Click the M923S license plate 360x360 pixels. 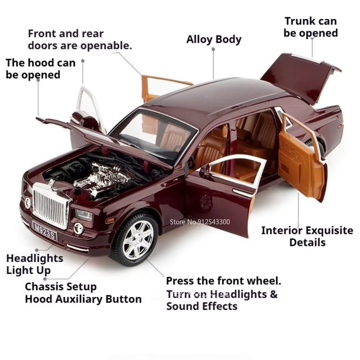pyautogui.click(x=44, y=231)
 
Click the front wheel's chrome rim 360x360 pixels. pyautogui.click(x=138, y=239)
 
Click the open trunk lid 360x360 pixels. pyautogui.click(x=301, y=78)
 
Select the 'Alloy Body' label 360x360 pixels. pyautogui.click(x=214, y=40)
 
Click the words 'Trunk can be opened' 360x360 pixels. pyautogui.click(x=311, y=27)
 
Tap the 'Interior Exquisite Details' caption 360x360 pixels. pyautogui.click(x=307, y=236)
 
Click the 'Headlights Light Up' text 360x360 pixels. pyautogui.click(x=35, y=264)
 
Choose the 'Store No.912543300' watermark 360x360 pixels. pyautogui.click(x=200, y=222)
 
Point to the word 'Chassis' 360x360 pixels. pyautogui.click(x=42, y=286)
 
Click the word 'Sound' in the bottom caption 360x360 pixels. pyautogui.click(x=181, y=306)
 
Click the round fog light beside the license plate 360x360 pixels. pyautogui.click(x=78, y=228)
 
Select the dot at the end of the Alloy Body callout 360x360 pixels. pyautogui.click(x=213, y=49)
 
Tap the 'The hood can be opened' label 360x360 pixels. pyautogui.click(x=40, y=69)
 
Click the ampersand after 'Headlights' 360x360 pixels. pyautogui.click(x=274, y=294)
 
